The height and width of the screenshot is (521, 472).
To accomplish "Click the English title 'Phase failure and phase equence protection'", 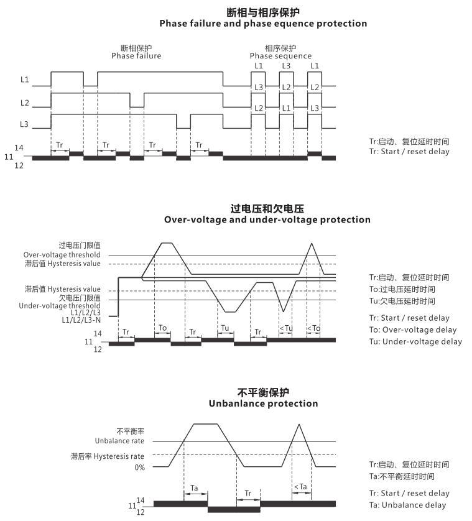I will [x=263, y=24].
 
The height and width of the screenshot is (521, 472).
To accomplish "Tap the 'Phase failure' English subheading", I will [x=136, y=56].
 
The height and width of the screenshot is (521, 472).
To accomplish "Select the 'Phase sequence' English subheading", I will [x=280, y=56].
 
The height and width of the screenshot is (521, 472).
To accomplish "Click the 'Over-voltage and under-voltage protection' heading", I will [x=267, y=219].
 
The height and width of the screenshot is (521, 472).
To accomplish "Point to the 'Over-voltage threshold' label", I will [x=62, y=255].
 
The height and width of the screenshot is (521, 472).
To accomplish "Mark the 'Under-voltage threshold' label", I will [x=59, y=305].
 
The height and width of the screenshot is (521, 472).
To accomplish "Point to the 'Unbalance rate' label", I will [x=119, y=441].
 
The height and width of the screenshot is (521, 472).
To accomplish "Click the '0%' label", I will [x=139, y=468].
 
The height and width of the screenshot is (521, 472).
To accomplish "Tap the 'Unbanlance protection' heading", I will [x=263, y=403].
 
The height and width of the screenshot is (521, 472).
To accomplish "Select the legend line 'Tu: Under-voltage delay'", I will [x=415, y=341].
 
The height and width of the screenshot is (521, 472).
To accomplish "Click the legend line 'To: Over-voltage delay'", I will [x=412, y=330].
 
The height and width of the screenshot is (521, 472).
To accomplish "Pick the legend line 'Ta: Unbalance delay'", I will [x=407, y=505].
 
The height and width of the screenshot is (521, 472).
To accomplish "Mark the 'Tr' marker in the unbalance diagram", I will [x=248, y=494].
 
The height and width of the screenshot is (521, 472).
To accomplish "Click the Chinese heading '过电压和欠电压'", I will [x=267, y=208].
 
